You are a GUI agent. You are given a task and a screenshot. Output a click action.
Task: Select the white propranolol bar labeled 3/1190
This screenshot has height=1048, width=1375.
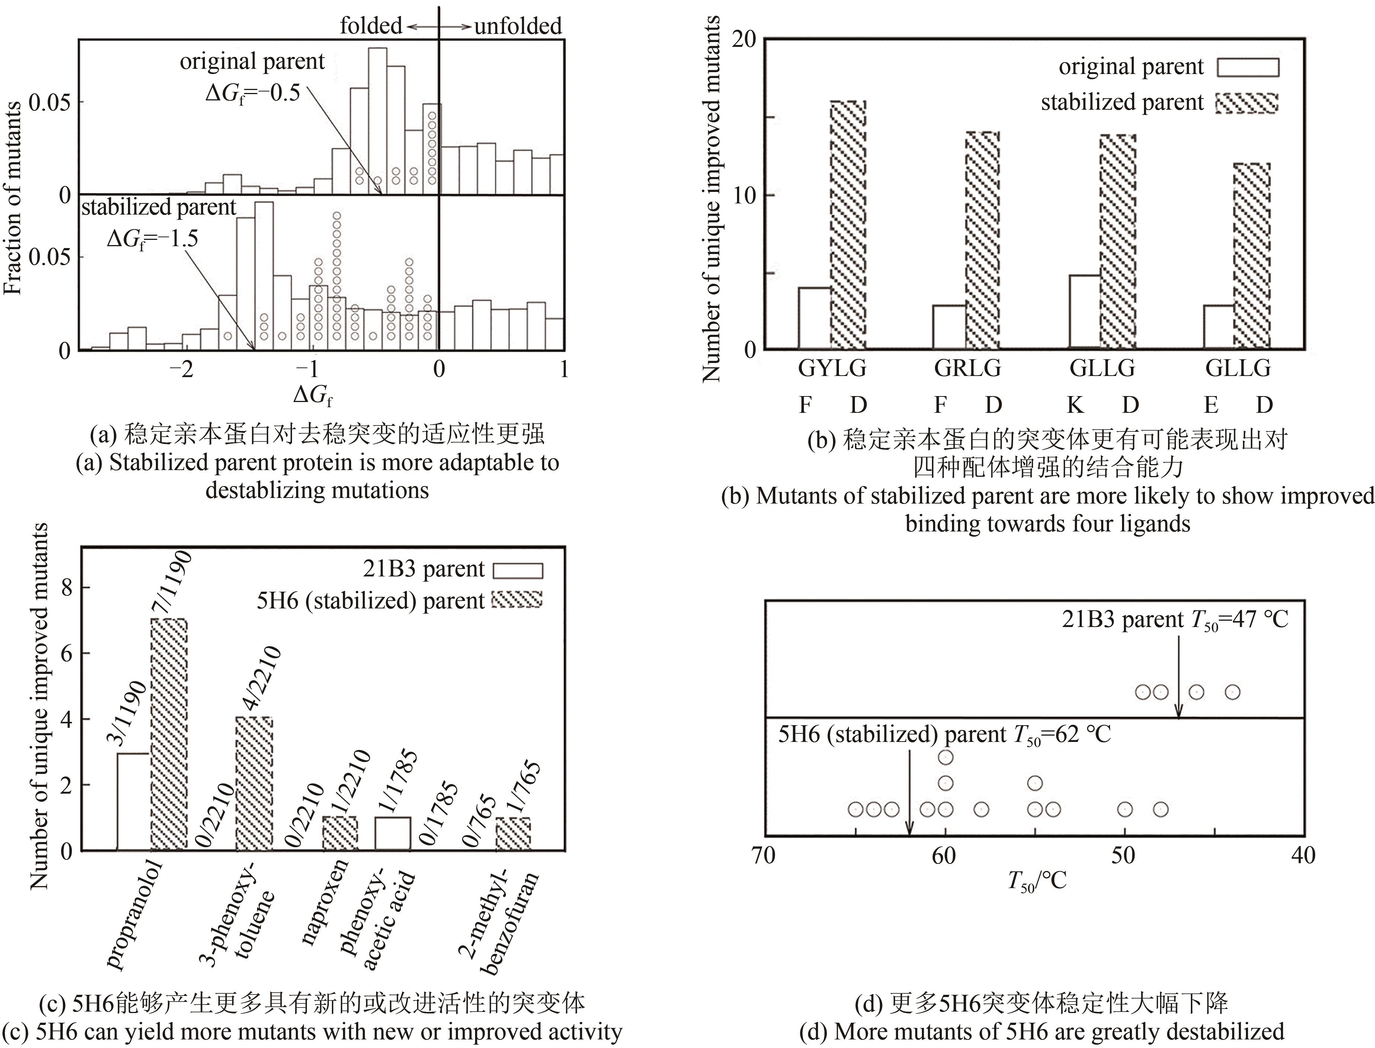(x=133, y=801)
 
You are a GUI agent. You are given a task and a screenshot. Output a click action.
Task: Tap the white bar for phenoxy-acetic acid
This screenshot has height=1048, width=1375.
(x=392, y=833)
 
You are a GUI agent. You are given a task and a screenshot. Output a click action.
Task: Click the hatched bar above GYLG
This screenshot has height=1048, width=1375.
(x=847, y=225)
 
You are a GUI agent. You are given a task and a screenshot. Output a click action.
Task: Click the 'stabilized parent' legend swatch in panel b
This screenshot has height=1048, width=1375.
(x=1247, y=103)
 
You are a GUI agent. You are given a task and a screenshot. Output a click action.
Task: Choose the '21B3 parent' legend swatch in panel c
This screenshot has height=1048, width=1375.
(x=517, y=570)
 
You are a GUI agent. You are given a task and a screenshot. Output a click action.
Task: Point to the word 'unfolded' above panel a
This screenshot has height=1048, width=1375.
(x=518, y=26)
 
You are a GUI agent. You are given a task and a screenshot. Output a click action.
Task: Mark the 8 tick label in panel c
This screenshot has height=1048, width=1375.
(x=67, y=588)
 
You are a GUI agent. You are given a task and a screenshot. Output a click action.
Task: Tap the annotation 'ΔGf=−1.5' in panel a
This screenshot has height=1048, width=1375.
(x=152, y=238)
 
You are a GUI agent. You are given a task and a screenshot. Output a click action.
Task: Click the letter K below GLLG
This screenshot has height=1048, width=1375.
(x=1074, y=405)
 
